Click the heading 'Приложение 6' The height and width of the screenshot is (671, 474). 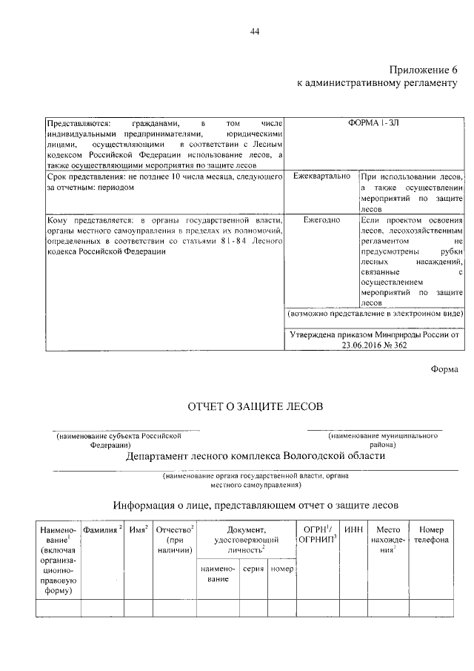424,69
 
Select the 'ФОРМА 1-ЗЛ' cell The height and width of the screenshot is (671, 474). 375,122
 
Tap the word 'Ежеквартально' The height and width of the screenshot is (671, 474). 321,177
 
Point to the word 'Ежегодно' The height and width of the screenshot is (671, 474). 321,220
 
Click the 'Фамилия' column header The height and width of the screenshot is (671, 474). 101,530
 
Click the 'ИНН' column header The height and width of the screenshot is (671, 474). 355,530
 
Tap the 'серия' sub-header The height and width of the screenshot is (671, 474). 253,569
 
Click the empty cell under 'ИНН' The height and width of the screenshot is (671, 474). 355,608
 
